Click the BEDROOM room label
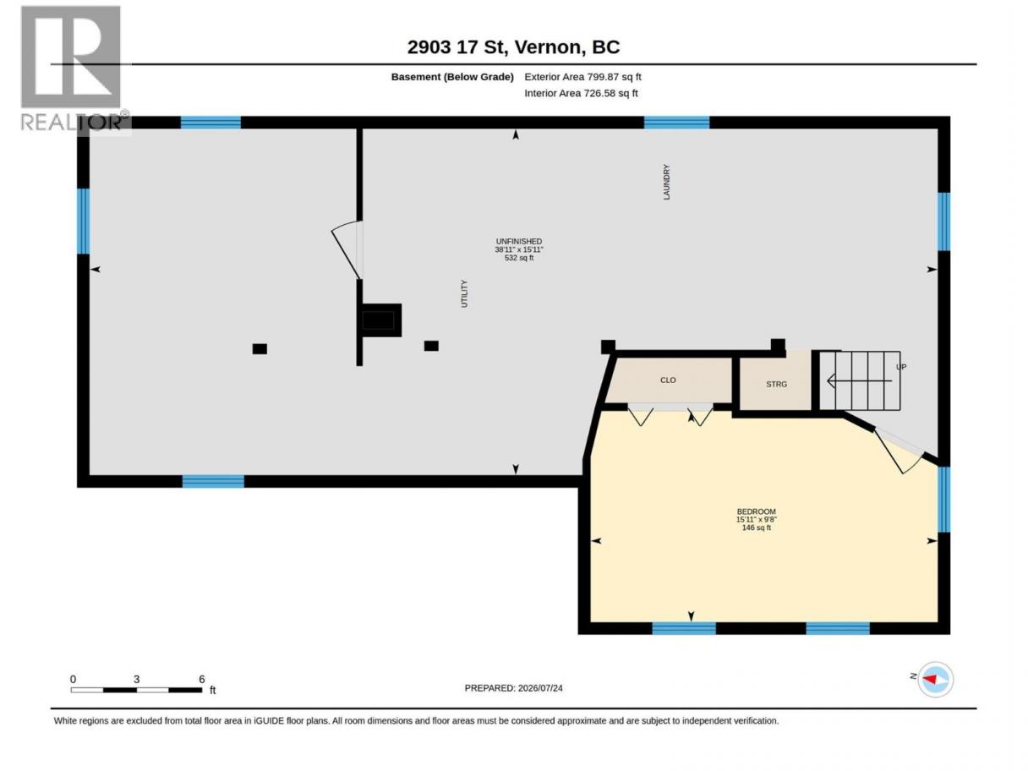click(x=756, y=511)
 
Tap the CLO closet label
click(x=668, y=380)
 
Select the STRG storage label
click(x=776, y=385)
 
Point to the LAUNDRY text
click(x=666, y=182)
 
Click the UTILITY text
click(x=464, y=294)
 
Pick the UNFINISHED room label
click(x=519, y=242)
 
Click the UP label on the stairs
click(x=901, y=367)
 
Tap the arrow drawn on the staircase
click(x=860, y=381)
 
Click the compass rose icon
click(x=935, y=679)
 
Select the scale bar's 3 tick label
click(x=136, y=679)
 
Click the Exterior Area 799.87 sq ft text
click(x=582, y=77)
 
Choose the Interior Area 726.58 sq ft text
click(x=581, y=93)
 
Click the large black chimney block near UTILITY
click(x=380, y=320)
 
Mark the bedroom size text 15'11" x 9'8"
click(x=757, y=520)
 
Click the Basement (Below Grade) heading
click(x=452, y=77)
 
